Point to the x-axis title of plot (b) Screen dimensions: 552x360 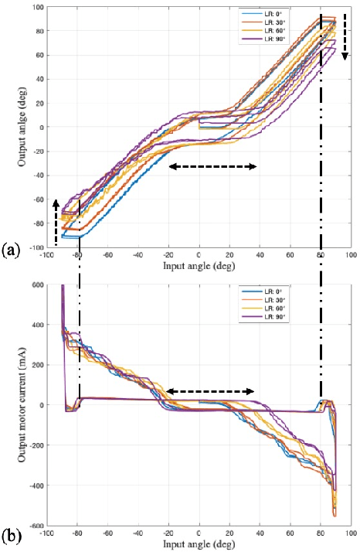pyautogui.click(x=199, y=544)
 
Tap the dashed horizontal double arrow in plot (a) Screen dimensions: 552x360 pyautogui.click(x=213, y=167)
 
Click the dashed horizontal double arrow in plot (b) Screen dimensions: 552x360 pyautogui.click(x=210, y=392)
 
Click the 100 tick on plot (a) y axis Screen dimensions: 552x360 pyautogui.click(x=36, y=7)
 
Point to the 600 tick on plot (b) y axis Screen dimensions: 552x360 pyautogui.click(x=36, y=285)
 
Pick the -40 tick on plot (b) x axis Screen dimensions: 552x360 pyautogui.click(x=138, y=533)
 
